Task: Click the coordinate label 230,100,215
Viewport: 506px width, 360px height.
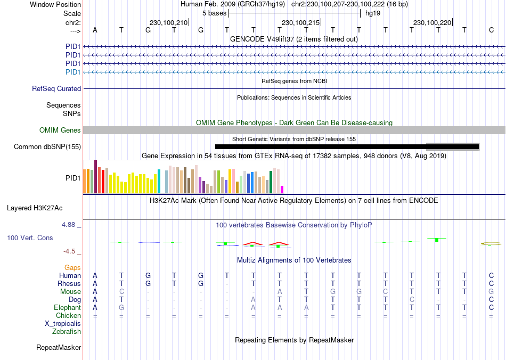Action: click(x=300, y=22)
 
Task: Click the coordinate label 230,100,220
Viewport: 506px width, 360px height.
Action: click(x=432, y=22)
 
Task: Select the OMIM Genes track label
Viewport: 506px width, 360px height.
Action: click(x=60, y=130)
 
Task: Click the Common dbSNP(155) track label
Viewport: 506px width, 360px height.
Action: click(x=47, y=146)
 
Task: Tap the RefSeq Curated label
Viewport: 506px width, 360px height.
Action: click(x=56, y=89)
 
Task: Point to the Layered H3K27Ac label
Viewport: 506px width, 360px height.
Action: click(x=42, y=208)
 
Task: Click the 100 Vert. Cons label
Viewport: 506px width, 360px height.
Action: click(x=30, y=238)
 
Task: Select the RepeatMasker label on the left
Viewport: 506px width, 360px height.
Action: click(x=59, y=348)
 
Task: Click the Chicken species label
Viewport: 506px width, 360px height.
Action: click(x=68, y=316)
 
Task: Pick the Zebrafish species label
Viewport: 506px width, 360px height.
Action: click(x=67, y=332)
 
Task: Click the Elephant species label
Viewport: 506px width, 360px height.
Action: click(x=67, y=308)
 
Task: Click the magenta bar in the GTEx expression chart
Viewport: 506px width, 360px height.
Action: click(x=282, y=189)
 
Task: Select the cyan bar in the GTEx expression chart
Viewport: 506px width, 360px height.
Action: click(x=159, y=181)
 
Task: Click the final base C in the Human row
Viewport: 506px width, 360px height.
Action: click(x=491, y=276)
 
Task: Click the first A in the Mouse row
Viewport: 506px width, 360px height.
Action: click(x=95, y=292)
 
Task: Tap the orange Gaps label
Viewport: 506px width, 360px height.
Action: click(x=72, y=267)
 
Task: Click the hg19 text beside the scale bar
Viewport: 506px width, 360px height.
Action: click(x=372, y=13)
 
